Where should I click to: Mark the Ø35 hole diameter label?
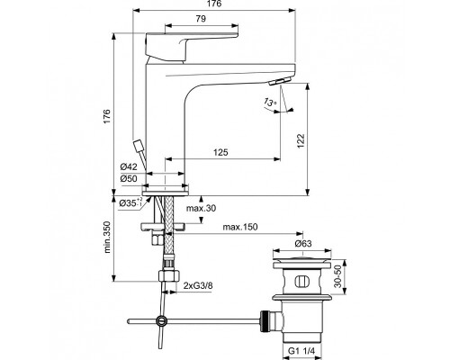pyautogui.click(x=130, y=202)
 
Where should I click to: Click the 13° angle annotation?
pyautogui.click(x=272, y=104)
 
